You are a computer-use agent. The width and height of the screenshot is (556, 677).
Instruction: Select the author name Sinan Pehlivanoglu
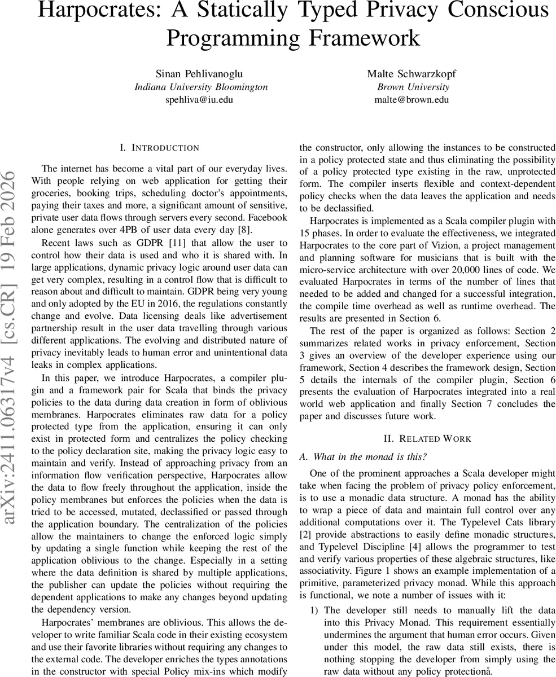pos(201,74)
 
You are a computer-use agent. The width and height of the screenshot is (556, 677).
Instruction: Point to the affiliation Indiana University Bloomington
pos(201,87)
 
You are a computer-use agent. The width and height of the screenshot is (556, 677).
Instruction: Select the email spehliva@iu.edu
pos(199,100)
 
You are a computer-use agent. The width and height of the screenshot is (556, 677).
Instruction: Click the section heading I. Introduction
pos(159,148)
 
